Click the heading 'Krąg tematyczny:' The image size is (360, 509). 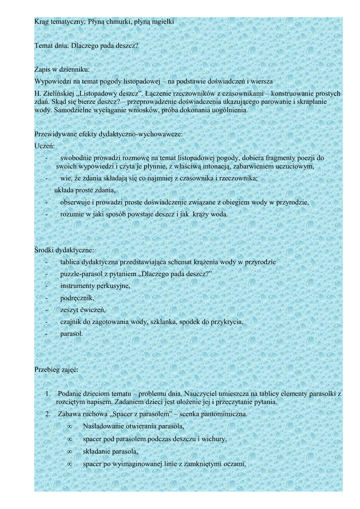coord(60,22)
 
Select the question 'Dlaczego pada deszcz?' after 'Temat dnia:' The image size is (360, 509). coord(105,46)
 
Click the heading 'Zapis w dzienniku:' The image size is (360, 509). coord(62,70)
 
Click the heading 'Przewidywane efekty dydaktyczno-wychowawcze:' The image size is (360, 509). coord(108,134)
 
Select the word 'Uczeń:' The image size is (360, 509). coord(45,146)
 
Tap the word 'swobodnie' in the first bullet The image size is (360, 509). coord(77,158)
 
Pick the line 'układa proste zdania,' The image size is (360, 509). coord(85,190)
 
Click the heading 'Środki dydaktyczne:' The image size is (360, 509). coord(64,250)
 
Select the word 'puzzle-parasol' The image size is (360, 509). coord(83,274)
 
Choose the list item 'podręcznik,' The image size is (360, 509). coord(77,298)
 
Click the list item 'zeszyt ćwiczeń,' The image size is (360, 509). coord(83,310)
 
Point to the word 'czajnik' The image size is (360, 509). coord(71,322)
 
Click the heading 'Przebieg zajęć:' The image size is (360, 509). coord(56,370)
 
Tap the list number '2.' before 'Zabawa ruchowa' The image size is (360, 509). coord(48,414)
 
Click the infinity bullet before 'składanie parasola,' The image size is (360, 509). coord(70,451)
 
